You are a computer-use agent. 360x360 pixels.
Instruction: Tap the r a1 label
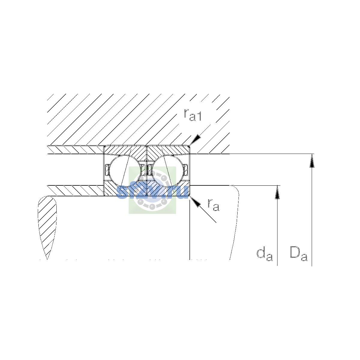[x=193, y=115]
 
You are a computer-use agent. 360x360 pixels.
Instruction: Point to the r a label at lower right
[x=213, y=205]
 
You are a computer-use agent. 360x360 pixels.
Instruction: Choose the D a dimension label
[x=298, y=254]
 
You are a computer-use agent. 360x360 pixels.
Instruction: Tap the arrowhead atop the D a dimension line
[x=312, y=161]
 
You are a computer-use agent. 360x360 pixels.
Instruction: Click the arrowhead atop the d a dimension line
[x=277, y=192]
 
